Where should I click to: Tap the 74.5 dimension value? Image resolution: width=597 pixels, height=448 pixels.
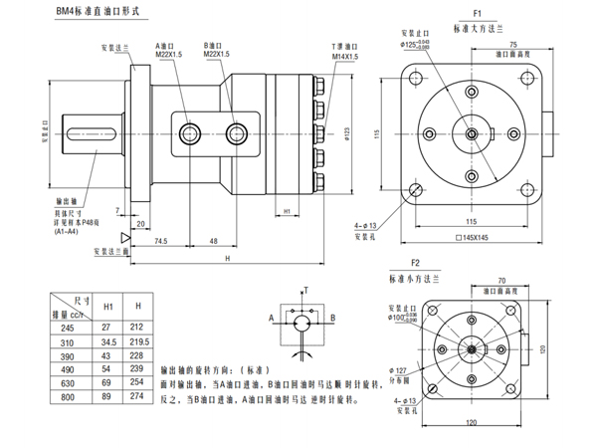pyautogui.click(x=158, y=241)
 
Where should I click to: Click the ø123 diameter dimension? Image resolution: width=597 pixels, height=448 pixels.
pyautogui.click(x=346, y=132)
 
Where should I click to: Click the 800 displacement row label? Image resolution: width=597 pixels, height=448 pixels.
pyautogui.click(x=68, y=396)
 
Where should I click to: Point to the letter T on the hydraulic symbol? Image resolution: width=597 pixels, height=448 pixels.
pyautogui.click(x=307, y=289)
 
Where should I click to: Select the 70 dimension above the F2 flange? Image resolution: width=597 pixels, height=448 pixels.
pyautogui.click(x=502, y=282)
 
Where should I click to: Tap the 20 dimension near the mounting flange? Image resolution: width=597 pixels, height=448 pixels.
pyautogui.click(x=140, y=223)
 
